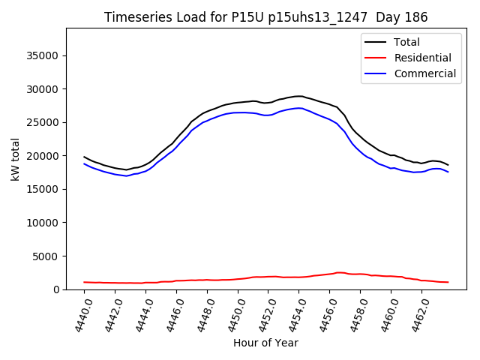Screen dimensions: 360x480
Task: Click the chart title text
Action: click(266, 17)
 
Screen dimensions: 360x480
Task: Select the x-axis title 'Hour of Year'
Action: click(265, 343)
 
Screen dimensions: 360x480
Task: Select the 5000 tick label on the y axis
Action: click(46, 256)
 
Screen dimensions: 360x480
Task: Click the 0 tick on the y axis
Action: click(56, 289)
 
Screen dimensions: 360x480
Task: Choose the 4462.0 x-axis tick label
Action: click(418, 314)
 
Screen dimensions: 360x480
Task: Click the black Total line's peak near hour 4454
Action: click(299, 96)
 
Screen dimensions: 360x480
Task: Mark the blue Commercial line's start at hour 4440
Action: click(84, 163)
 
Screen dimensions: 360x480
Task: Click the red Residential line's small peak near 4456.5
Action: click(339, 272)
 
